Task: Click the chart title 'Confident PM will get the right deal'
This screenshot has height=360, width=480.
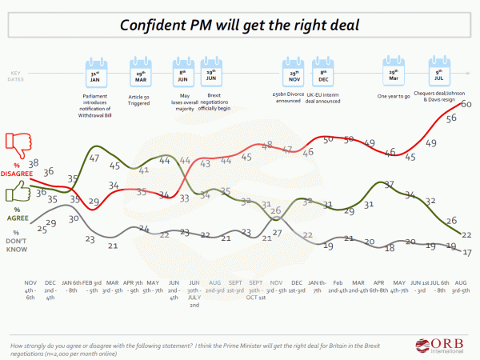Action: coord(240,23)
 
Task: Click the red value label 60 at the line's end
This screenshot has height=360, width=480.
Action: coord(465,106)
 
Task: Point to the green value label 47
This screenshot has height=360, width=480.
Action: coord(94,158)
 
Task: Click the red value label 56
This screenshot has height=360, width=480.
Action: coord(451,118)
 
